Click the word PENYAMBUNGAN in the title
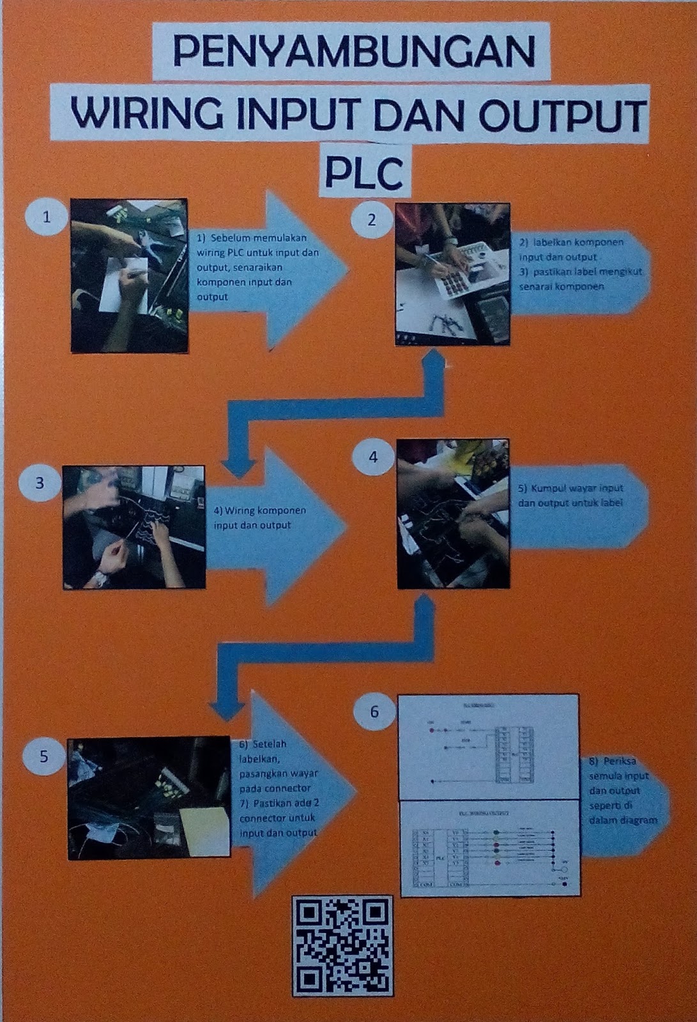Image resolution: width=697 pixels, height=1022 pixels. [353, 52]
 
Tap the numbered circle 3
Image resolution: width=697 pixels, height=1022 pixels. [40, 483]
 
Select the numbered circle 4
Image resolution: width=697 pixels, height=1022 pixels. [373, 457]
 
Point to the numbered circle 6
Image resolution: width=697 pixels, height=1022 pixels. [374, 712]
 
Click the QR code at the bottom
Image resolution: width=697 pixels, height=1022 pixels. [342, 945]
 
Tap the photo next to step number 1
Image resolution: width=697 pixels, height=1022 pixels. [129, 275]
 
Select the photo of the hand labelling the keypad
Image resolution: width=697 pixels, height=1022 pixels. [452, 275]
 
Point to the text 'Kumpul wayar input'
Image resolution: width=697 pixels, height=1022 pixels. [571, 489]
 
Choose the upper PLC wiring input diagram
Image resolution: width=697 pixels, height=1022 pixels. [488, 747]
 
